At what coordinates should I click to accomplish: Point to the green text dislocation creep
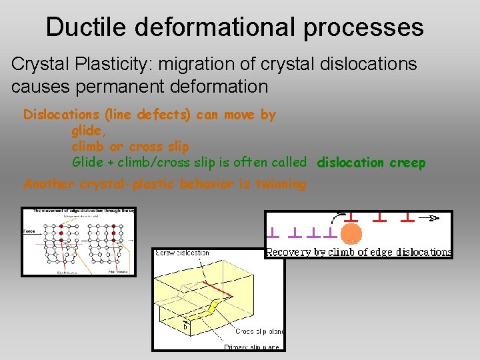point(371,163)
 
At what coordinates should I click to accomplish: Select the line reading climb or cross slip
point(130,147)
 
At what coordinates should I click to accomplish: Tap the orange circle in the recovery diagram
point(351,234)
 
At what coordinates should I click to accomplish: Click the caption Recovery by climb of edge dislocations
point(359,252)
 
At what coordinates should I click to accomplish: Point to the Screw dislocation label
point(182,253)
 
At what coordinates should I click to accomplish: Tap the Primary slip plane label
point(252,347)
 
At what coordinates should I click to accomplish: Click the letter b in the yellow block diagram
point(185,327)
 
